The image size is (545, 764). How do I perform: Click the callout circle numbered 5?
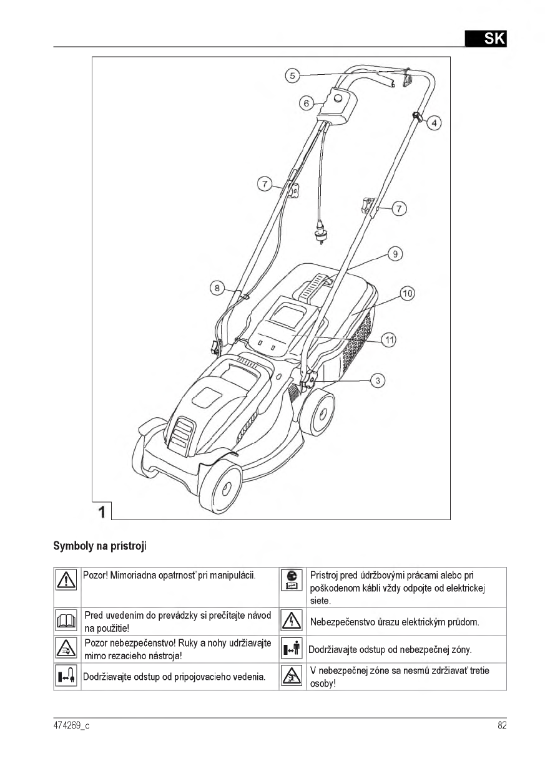point(292,75)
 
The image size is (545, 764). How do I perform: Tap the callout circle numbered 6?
point(306,103)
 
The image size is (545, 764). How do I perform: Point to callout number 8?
point(217,288)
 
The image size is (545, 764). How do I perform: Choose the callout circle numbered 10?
point(407,293)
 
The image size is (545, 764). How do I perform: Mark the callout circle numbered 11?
point(389,340)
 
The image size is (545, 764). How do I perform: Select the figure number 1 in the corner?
point(101,511)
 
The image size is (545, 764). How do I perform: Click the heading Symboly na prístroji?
point(100,546)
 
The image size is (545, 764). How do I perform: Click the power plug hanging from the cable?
point(322,236)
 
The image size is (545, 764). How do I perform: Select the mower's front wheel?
point(221,486)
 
